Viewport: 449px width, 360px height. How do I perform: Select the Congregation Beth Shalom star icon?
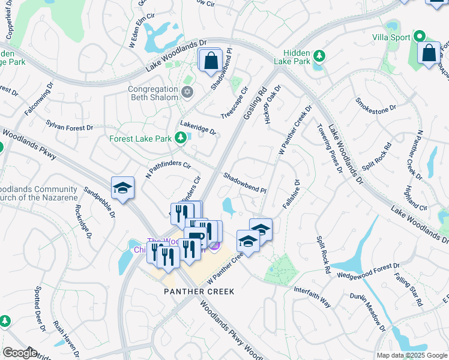(x=187, y=92)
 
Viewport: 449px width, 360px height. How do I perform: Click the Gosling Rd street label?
(x=255, y=104)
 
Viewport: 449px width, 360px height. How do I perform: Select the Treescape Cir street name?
(x=234, y=109)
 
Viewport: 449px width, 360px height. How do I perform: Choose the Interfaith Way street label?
(x=312, y=298)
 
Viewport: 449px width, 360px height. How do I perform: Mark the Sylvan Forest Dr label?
(x=70, y=124)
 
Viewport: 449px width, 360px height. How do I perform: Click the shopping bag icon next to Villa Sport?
(x=430, y=53)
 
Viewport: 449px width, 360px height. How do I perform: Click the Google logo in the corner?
(x=19, y=352)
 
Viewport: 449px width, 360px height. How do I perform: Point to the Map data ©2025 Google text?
(x=411, y=355)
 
